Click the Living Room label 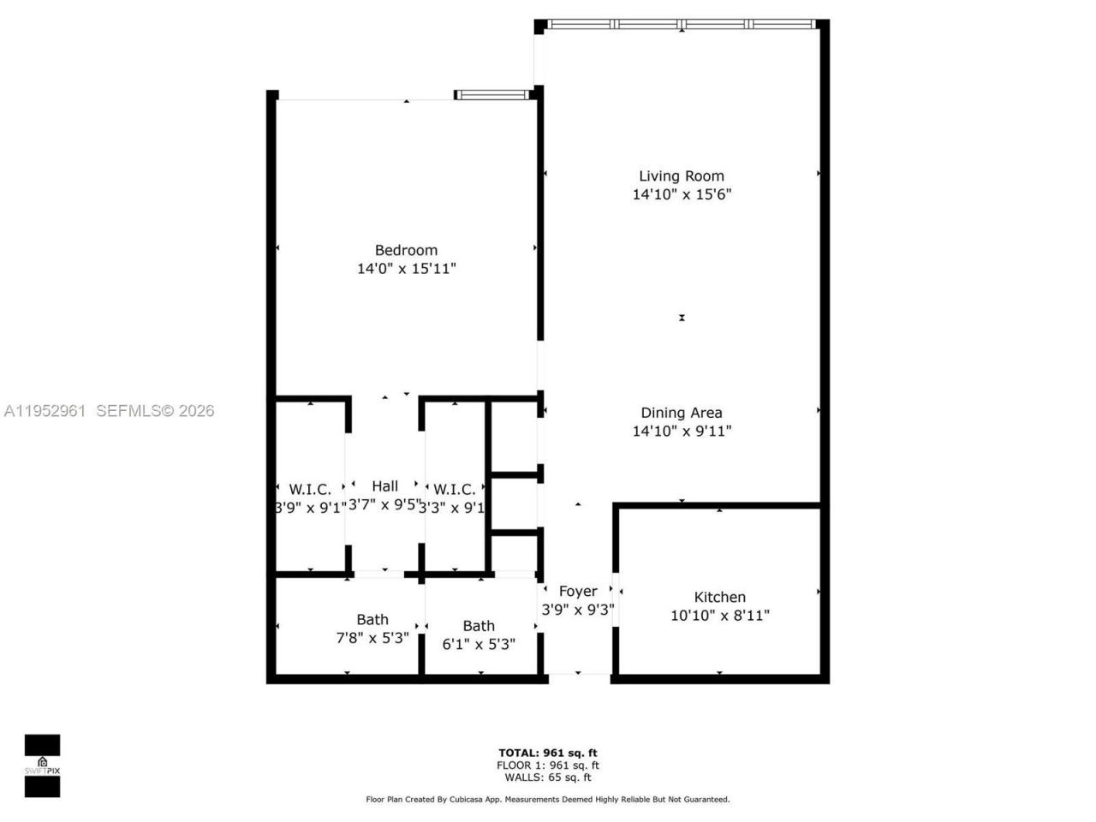click(682, 176)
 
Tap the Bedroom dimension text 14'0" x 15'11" click(407, 269)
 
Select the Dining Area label click(682, 413)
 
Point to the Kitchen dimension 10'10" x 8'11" click(720, 615)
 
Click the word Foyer click(578, 592)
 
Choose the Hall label click(384, 486)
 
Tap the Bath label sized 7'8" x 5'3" click(372, 620)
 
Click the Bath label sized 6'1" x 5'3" click(479, 627)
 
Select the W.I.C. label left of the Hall click(310, 490)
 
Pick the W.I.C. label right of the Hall click(455, 490)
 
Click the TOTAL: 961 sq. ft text click(548, 753)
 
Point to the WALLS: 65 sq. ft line click(548, 777)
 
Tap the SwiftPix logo click(42, 765)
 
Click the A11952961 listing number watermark click(45, 411)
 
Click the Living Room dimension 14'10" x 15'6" click(682, 194)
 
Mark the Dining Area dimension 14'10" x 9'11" click(682, 431)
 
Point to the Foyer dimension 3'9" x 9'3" click(578, 610)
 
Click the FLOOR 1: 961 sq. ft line click(548, 765)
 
